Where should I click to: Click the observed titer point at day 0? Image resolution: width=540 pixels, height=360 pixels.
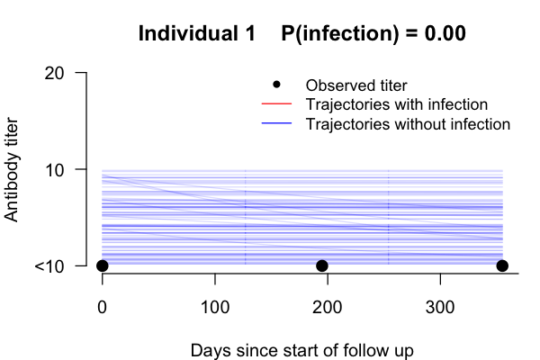click(103, 265)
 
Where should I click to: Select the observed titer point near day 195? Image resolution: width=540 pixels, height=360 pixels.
click(321, 265)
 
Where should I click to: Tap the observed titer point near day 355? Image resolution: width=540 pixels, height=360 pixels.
click(502, 265)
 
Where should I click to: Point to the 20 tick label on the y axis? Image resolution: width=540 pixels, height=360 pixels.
click(60, 72)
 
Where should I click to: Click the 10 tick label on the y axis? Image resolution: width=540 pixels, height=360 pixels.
click(60, 169)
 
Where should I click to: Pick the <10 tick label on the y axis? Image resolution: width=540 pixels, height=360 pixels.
click(56, 265)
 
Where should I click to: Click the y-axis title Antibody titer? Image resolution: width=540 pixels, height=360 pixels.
click(13, 169)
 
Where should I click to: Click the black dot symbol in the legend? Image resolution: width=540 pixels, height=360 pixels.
click(276, 85)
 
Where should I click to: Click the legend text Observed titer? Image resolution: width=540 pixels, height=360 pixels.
click(350, 85)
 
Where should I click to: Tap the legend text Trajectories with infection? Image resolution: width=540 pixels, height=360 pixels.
click(397, 104)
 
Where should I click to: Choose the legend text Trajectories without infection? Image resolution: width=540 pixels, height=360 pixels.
click(409, 123)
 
